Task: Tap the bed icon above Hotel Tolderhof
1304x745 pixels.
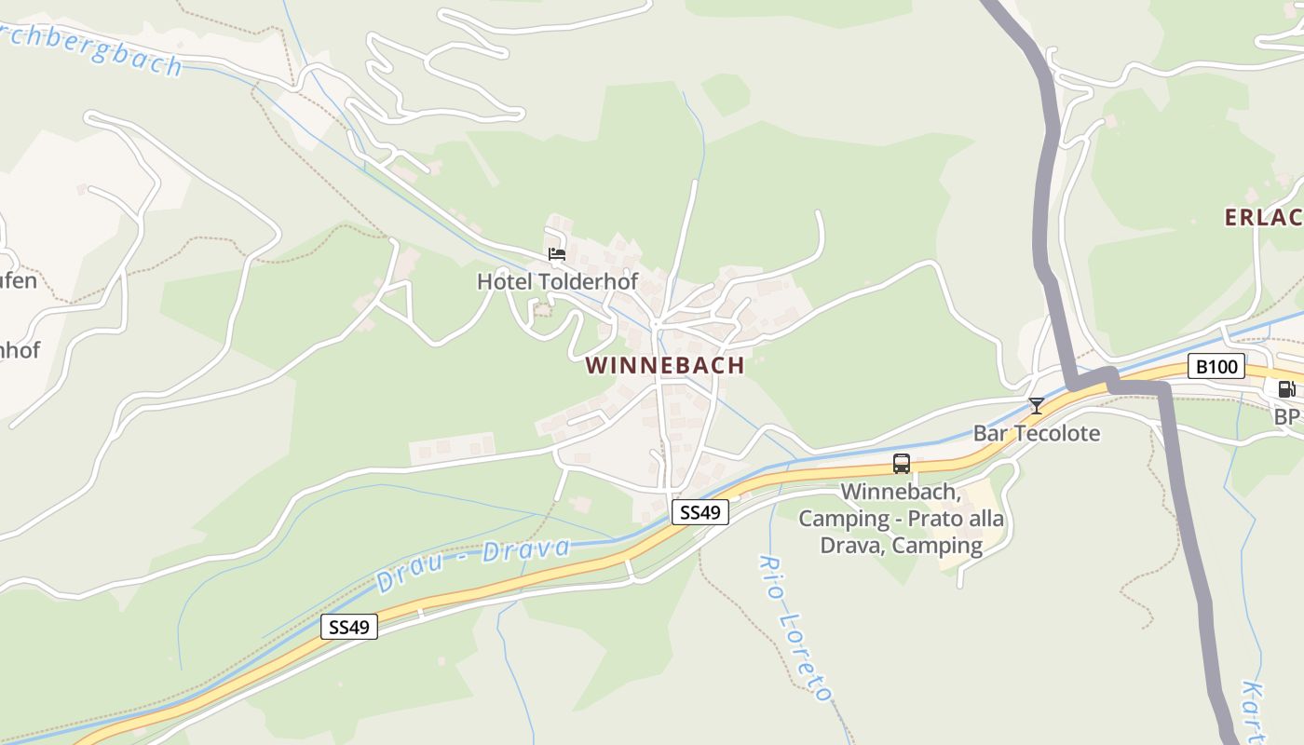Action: (557, 253)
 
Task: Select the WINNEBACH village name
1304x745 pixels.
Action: (665, 365)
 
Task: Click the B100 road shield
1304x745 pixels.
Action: (1216, 367)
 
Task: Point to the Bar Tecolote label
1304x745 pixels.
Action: (1036, 433)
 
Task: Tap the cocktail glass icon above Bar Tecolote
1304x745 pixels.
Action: (1036, 405)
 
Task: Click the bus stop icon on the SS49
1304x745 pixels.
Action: (901, 464)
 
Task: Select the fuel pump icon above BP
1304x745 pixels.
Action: (1285, 389)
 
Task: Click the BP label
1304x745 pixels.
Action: (1287, 416)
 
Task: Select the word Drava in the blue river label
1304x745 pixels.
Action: (526, 550)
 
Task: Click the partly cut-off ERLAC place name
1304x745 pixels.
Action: (1263, 218)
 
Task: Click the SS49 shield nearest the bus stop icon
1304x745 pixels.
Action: (700, 512)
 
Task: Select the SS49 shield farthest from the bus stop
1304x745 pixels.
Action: (349, 627)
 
